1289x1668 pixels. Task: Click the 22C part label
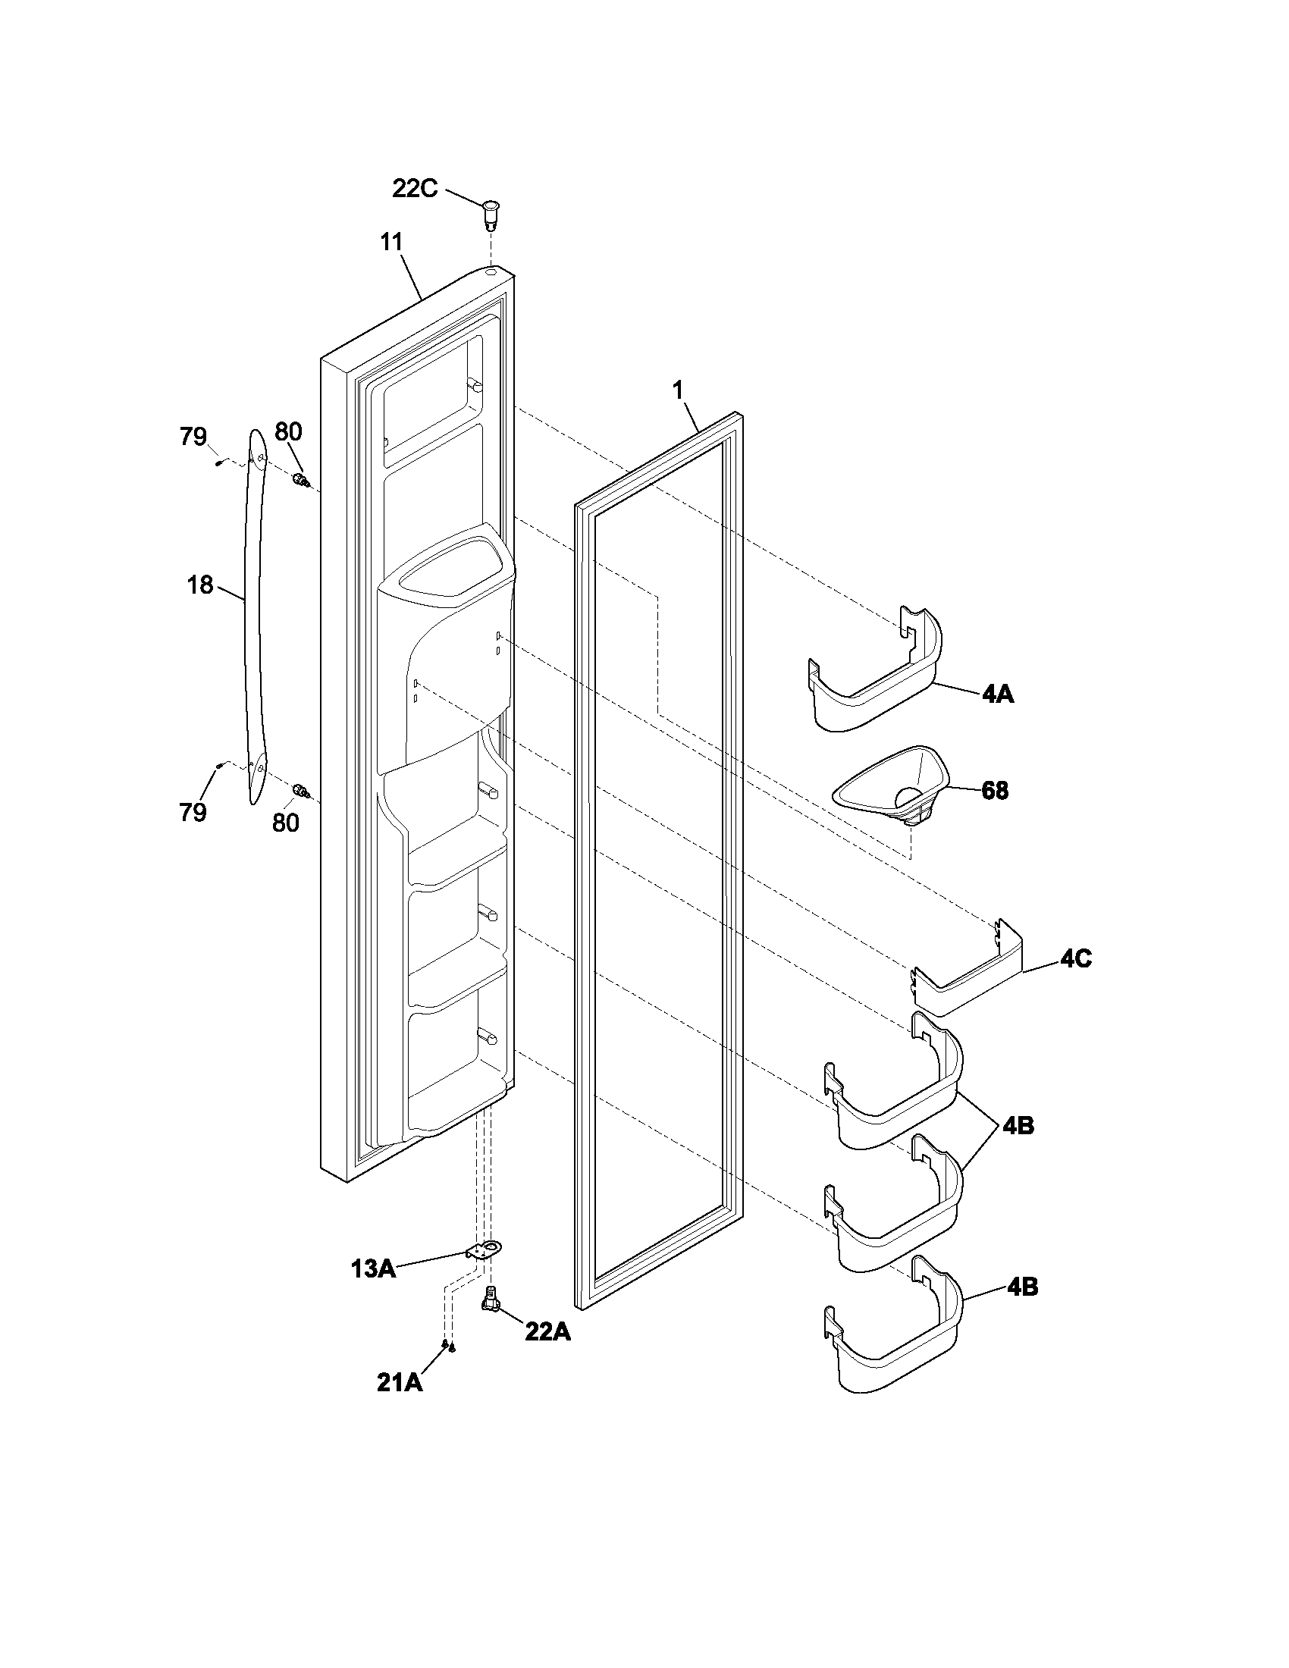pyautogui.click(x=415, y=188)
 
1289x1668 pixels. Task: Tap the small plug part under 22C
pyautogui.click(x=491, y=213)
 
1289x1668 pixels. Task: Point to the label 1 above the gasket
pyautogui.click(x=677, y=390)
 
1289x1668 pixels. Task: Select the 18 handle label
pyautogui.click(x=200, y=585)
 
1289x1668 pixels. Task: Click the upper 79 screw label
pyautogui.click(x=193, y=437)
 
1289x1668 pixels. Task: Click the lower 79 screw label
pyautogui.click(x=193, y=812)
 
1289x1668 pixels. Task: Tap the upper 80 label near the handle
pyautogui.click(x=288, y=432)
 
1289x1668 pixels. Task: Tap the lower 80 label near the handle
pyautogui.click(x=285, y=823)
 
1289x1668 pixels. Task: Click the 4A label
pyautogui.click(x=997, y=695)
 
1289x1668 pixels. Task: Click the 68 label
pyautogui.click(x=994, y=791)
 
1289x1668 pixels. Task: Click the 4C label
pyautogui.click(x=1075, y=959)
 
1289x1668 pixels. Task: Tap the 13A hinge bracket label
pyautogui.click(x=372, y=1268)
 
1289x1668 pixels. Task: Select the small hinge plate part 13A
pyautogui.click(x=478, y=1250)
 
